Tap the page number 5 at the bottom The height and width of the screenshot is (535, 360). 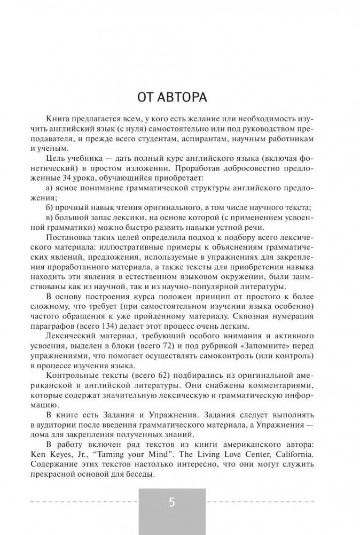point(171,502)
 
